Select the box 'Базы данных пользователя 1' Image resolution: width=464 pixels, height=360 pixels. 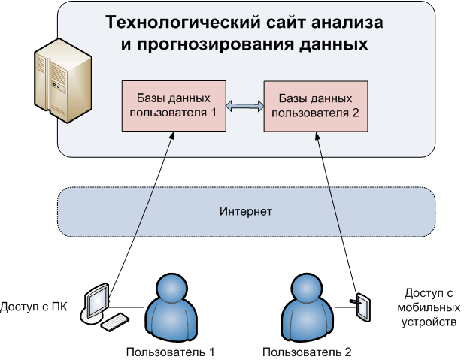click(173, 105)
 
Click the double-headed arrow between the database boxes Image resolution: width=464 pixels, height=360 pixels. click(244, 106)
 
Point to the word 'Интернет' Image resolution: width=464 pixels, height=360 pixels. click(246, 212)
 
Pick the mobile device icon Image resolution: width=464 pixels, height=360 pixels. click(362, 306)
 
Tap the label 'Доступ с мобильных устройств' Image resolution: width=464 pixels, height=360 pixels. click(429, 307)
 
